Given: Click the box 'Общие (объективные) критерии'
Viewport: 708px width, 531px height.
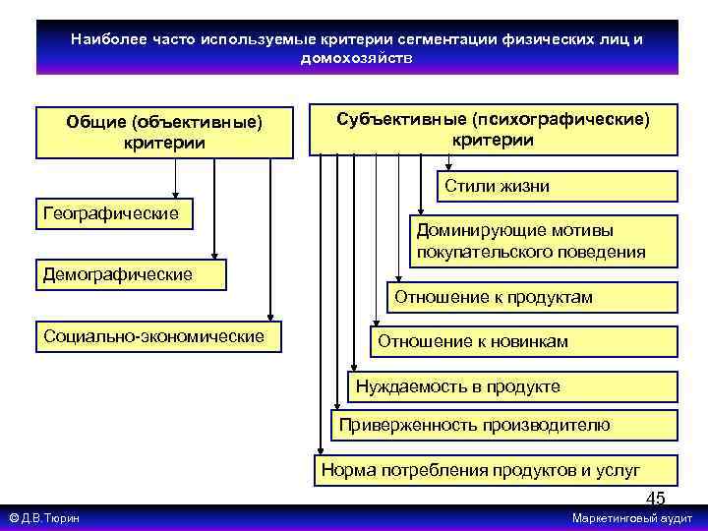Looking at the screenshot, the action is click(164, 132).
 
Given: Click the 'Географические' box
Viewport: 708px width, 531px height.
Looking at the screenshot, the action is click(113, 213).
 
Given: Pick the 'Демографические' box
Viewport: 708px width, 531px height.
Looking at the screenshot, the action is click(129, 274).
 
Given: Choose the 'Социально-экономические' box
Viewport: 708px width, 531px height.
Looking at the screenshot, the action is click(156, 336).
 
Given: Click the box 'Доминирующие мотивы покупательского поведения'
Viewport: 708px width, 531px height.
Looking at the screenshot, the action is click(544, 241).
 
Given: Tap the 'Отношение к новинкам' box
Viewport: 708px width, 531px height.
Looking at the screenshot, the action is click(523, 341).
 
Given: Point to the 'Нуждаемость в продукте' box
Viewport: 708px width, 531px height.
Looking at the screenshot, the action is click(513, 386).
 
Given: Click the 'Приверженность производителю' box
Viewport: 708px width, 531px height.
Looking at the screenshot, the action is click(503, 425).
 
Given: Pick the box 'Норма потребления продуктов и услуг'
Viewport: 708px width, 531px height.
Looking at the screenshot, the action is click(494, 469).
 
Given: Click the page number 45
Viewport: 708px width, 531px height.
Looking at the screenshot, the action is click(655, 499).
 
